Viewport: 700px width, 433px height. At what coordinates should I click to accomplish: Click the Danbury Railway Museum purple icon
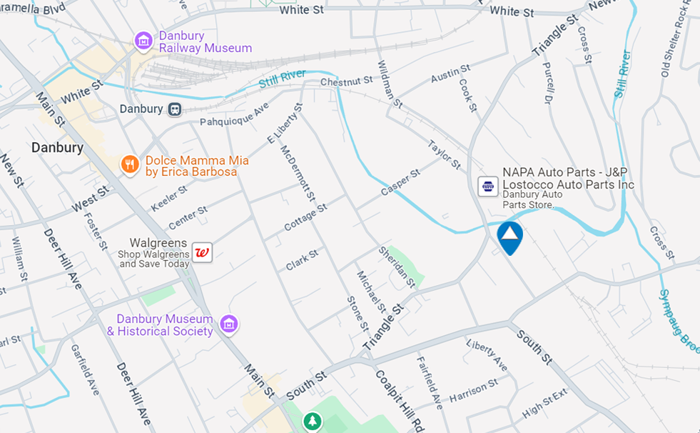(x=143, y=41)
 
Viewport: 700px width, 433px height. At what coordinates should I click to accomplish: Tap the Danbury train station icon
(x=175, y=109)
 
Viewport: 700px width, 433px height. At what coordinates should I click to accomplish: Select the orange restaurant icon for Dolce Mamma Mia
(x=129, y=165)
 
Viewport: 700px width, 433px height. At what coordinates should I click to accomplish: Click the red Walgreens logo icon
(x=202, y=252)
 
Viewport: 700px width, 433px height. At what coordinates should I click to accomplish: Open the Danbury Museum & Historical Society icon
(x=228, y=324)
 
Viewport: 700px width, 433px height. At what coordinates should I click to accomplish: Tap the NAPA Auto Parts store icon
(x=488, y=186)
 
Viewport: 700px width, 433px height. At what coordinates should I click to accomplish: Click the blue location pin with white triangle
(x=509, y=236)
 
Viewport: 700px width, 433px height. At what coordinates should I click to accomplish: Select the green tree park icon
(x=312, y=422)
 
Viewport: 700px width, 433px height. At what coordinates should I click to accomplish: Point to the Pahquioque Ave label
(x=234, y=113)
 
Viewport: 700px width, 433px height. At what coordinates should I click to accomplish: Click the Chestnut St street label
(x=347, y=82)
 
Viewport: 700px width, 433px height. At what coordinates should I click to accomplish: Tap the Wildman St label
(x=390, y=84)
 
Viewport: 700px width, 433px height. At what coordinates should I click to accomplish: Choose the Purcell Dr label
(x=548, y=82)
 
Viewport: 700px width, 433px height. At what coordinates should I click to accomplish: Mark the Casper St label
(x=400, y=183)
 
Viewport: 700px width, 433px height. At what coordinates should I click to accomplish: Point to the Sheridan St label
(x=397, y=267)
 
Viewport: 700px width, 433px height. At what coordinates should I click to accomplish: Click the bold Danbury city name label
(x=57, y=148)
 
